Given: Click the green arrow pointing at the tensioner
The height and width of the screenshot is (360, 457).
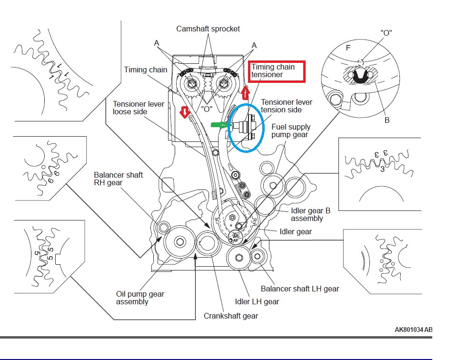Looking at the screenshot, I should pyautogui.click(x=219, y=125).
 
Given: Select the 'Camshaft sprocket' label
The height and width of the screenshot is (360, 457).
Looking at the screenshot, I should pyautogui.click(x=208, y=29).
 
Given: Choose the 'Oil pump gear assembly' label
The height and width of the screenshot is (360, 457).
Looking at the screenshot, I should pyautogui.click(x=140, y=298).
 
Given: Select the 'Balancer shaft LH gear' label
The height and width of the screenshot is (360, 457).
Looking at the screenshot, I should pyautogui.click(x=300, y=289).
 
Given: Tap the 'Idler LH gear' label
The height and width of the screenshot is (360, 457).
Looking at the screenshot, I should pyautogui.click(x=257, y=301).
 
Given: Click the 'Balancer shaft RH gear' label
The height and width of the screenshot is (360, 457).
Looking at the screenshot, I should pyautogui.click(x=118, y=179).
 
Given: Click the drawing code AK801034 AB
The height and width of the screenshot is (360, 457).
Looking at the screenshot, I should pyautogui.click(x=413, y=330).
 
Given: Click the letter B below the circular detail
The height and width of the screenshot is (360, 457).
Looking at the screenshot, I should pyautogui.click(x=387, y=120).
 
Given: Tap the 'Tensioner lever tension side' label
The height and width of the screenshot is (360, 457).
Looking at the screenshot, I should pyautogui.click(x=287, y=106).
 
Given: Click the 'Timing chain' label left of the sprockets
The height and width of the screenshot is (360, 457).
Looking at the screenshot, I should pyautogui.click(x=146, y=70).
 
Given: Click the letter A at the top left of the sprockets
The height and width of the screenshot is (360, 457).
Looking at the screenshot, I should pyautogui.click(x=156, y=44).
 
